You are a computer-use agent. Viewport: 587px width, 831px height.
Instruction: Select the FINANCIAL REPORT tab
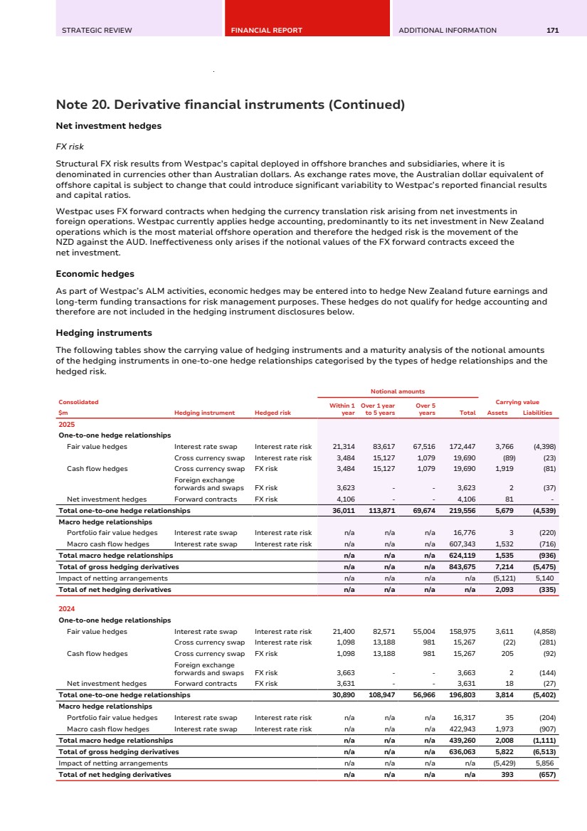(266, 31)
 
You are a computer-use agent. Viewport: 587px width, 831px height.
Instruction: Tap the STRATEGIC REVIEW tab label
(97, 31)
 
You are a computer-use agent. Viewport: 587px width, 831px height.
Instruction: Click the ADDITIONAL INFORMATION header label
(448, 31)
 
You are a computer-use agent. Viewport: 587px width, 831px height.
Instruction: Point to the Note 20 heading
(230, 105)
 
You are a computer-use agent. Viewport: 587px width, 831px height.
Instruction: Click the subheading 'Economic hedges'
(95, 273)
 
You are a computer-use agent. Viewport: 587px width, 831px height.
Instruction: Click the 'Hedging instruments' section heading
(103, 332)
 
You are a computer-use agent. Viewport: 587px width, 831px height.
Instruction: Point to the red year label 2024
(66, 609)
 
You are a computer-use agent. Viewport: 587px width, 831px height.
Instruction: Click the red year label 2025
(66, 424)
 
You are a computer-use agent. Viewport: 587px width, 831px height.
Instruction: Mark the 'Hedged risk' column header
(273, 413)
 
